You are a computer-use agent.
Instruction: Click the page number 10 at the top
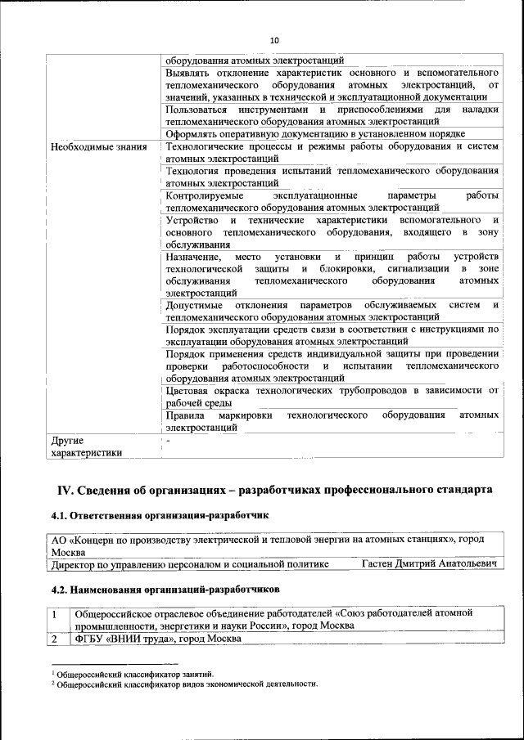274,41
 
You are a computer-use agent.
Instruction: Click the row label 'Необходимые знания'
97,147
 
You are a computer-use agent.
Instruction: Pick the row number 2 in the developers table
55,639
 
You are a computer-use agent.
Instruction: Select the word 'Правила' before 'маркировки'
185,415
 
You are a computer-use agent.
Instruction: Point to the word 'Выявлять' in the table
189,73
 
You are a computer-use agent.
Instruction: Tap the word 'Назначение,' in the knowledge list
193,258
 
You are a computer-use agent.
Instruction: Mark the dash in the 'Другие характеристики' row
168,441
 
